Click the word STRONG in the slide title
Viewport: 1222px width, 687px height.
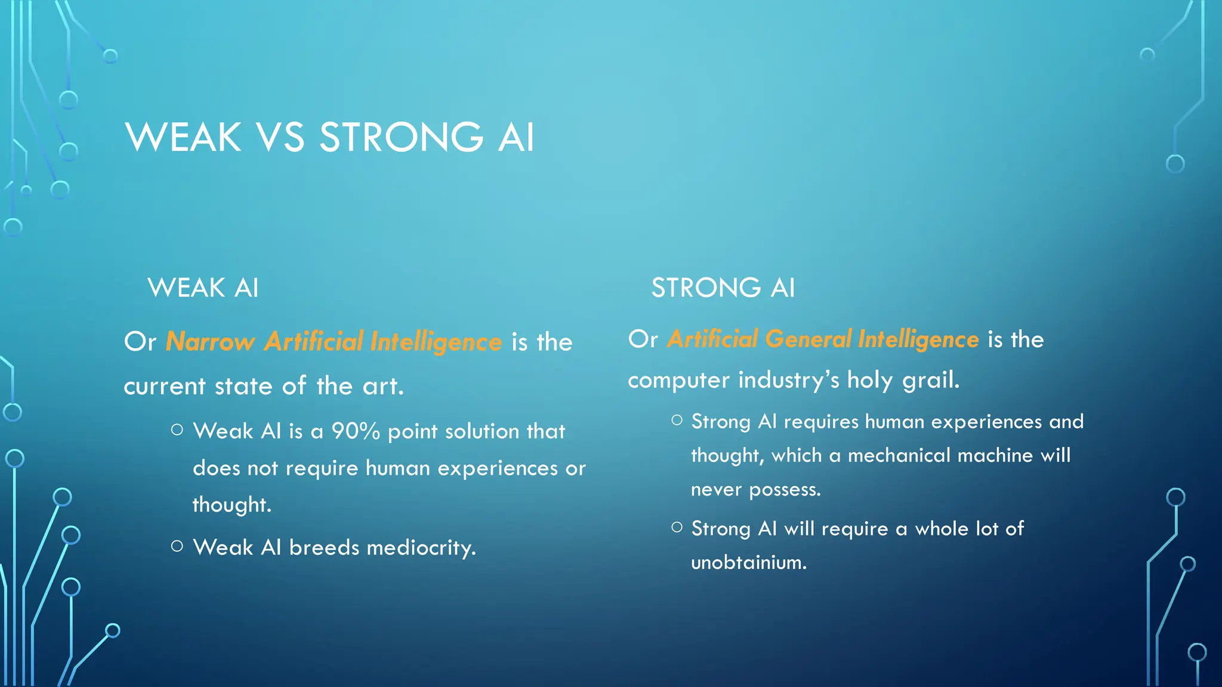click(x=401, y=138)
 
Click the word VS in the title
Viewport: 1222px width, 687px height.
click(x=280, y=138)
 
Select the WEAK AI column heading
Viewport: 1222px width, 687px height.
click(x=203, y=288)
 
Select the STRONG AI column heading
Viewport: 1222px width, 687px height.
click(x=723, y=288)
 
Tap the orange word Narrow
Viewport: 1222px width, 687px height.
click(x=210, y=342)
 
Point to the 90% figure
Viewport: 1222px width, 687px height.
click(x=356, y=431)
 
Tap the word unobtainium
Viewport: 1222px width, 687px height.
click(x=748, y=562)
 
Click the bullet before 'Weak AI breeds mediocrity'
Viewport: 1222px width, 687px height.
click(x=177, y=546)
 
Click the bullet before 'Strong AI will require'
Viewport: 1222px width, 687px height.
click(x=677, y=527)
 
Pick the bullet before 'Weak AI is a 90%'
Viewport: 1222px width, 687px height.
click(x=177, y=429)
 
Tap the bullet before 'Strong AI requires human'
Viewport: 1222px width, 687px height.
click(x=677, y=420)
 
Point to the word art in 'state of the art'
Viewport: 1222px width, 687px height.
click(x=382, y=386)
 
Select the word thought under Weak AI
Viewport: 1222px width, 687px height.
click(x=231, y=505)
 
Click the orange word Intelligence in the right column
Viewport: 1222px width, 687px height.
click(x=918, y=339)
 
